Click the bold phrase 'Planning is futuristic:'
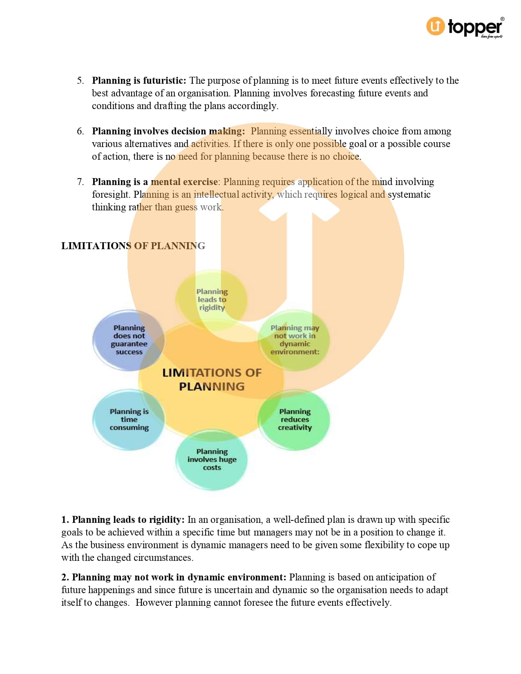click(x=139, y=80)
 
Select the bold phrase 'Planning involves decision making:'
click(x=168, y=131)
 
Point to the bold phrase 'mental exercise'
click(x=184, y=182)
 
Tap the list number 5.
click(x=80, y=80)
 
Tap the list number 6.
click(x=80, y=131)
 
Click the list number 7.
click(x=80, y=182)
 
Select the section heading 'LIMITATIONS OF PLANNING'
click(x=133, y=246)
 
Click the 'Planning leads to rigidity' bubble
click(x=212, y=299)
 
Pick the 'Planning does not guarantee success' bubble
click(x=129, y=340)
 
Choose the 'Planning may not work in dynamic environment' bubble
click(x=295, y=340)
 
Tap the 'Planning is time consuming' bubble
click(x=129, y=420)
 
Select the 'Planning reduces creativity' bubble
click(x=295, y=420)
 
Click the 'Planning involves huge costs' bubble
click(x=212, y=460)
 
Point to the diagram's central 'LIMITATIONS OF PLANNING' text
click(x=212, y=379)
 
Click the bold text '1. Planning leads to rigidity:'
click(x=123, y=520)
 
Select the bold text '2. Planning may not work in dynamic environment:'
click(x=174, y=577)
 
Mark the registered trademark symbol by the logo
click(x=502, y=19)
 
